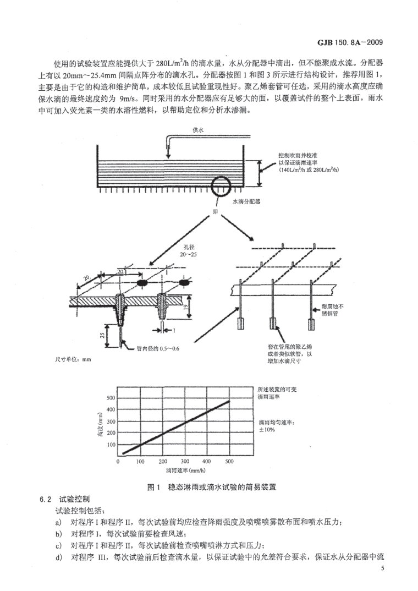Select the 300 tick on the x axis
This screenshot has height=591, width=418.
(x=185, y=461)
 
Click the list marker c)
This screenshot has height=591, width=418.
(x=58, y=545)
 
